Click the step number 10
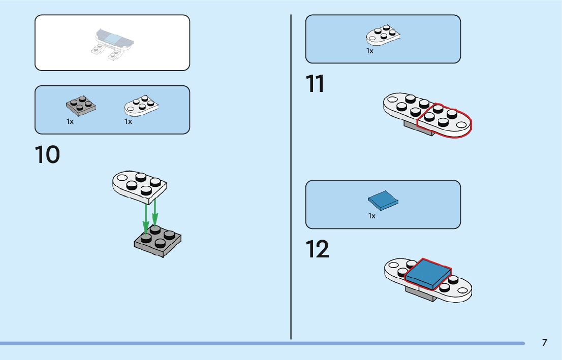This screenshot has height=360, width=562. (47, 155)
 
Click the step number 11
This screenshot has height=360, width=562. (315, 84)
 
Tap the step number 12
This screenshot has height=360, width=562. (317, 249)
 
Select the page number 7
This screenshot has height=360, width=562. (544, 343)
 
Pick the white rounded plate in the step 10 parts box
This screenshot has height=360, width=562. (141, 106)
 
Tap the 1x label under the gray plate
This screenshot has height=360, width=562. (70, 122)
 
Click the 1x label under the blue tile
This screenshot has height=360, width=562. (372, 216)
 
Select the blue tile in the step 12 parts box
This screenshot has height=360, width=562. (383, 201)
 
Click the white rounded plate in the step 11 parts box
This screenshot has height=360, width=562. (383, 36)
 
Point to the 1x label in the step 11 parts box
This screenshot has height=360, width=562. (370, 51)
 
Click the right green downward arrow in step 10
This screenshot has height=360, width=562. (155, 213)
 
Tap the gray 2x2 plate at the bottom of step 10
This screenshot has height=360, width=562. (158, 242)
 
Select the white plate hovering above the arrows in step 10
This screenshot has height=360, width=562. (139, 185)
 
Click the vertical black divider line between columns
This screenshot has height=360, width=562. (291, 178)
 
